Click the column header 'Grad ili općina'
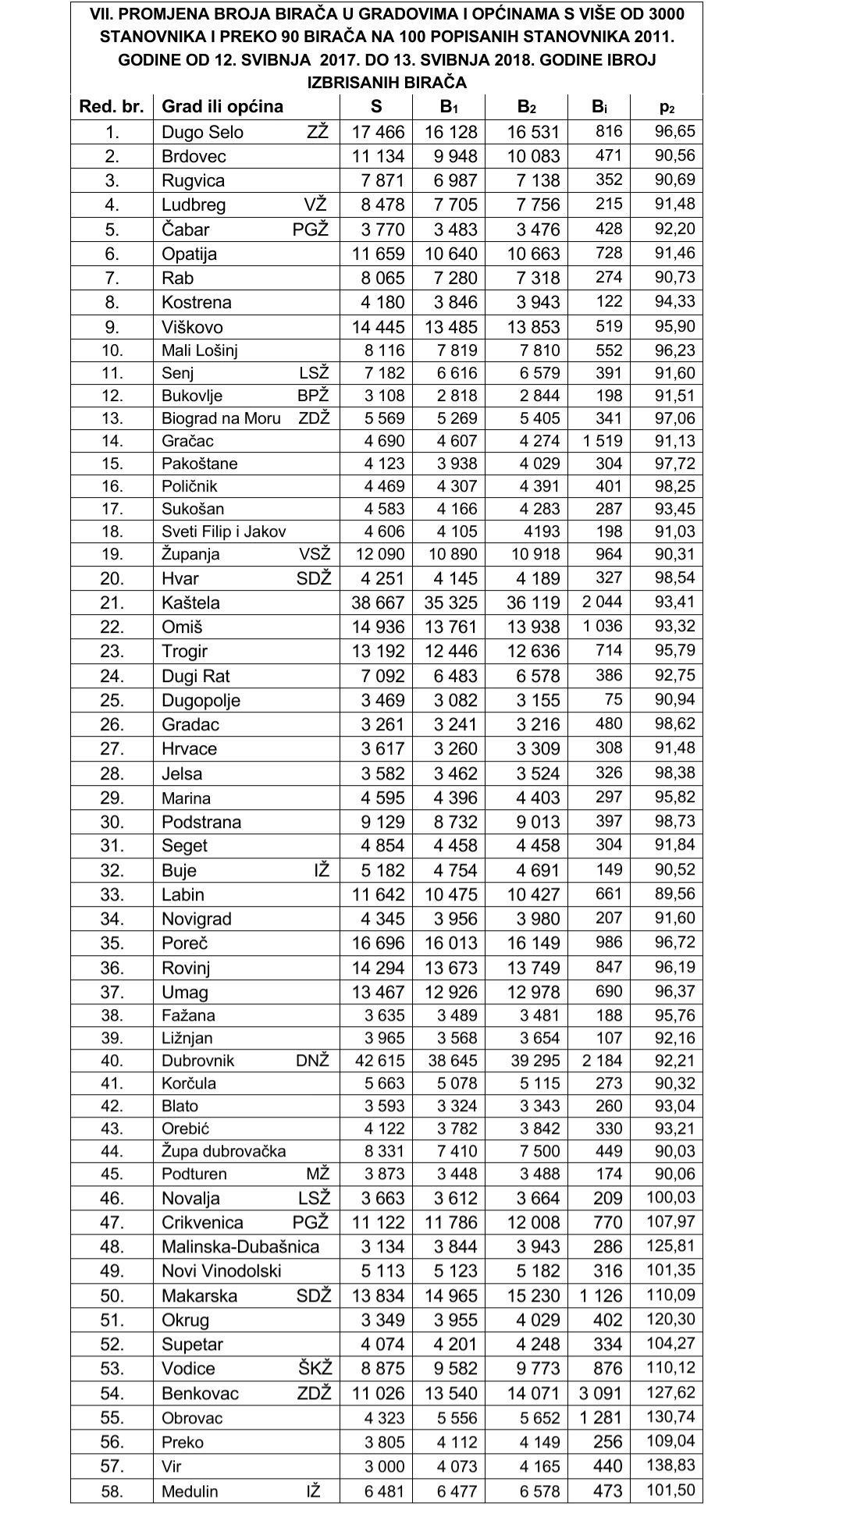(222, 107)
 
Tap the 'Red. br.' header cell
(112, 107)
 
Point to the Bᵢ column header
(599, 107)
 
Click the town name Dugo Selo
(202, 132)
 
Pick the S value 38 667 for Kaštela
(378, 602)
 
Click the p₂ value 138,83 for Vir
(670, 1466)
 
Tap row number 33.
(112, 894)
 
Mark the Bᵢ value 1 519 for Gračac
(602, 441)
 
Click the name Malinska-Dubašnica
(240, 1246)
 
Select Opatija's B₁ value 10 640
(450, 254)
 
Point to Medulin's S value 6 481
(384, 1491)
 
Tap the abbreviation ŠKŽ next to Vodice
(315, 1368)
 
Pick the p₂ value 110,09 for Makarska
(670, 1295)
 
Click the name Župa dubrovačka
(223, 1151)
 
